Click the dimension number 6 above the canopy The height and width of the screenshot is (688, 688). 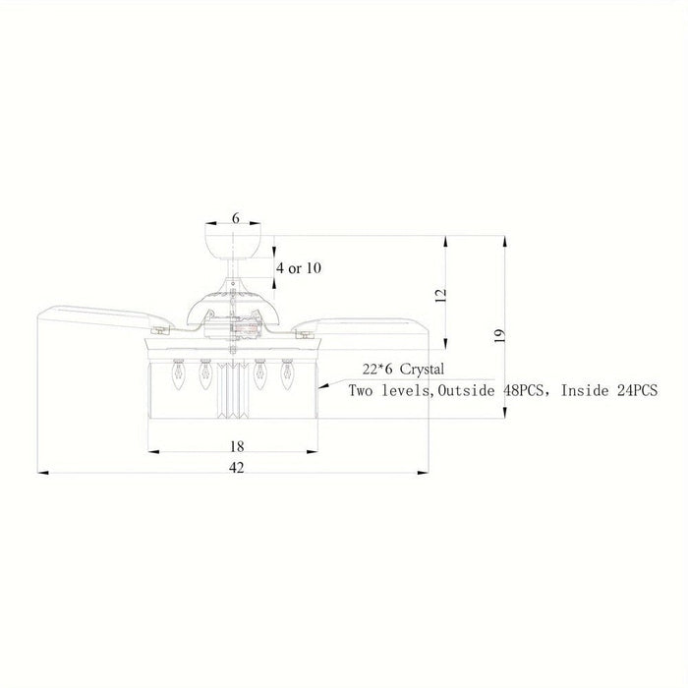236,218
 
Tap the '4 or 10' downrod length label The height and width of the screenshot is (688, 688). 299,267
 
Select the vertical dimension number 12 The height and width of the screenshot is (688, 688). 440,295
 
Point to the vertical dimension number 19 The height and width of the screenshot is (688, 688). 499,336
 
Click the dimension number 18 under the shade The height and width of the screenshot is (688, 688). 237,446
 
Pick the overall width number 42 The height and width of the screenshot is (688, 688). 237,468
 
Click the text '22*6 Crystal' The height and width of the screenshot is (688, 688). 403,369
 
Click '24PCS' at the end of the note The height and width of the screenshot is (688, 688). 638,390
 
